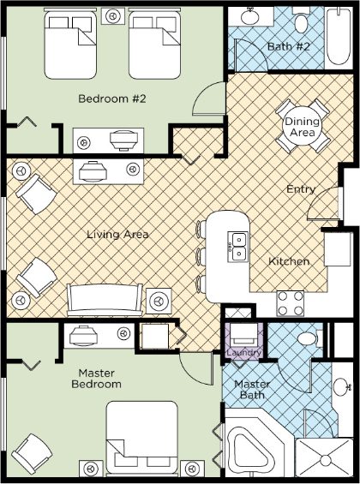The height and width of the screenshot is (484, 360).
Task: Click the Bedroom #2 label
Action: pyautogui.click(x=111, y=99)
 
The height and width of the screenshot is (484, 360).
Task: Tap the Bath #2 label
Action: pyautogui.click(x=288, y=46)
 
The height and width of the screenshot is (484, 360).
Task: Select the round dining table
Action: pyautogui.click(x=303, y=126)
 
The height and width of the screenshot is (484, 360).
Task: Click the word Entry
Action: pyautogui.click(x=301, y=189)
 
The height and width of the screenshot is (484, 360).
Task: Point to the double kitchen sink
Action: pyautogui.click(x=238, y=247)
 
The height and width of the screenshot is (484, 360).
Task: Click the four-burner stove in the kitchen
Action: pyautogui.click(x=291, y=303)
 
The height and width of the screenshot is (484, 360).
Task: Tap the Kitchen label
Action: pyautogui.click(x=289, y=261)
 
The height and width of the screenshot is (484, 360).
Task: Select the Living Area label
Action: pyautogui.click(x=117, y=234)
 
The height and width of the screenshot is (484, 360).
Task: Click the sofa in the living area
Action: pyautogui.click(x=105, y=300)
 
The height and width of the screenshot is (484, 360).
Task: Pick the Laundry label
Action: pyautogui.click(x=244, y=352)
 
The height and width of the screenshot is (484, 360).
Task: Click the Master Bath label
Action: pyautogui.click(x=252, y=390)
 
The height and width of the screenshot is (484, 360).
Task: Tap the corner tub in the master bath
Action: pyautogui.click(x=253, y=451)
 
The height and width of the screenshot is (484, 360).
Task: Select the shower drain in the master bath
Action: pyautogui.click(x=326, y=461)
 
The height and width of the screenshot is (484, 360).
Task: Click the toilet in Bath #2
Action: pyautogui.click(x=300, y=21)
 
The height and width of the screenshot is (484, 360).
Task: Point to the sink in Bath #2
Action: pyautogui.click(x=250, y=16)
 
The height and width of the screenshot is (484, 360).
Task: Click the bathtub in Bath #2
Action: pyautogui.click(x=339, y=37)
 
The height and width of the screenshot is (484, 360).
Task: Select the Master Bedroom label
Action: pyautogui.click(x=97, y=379)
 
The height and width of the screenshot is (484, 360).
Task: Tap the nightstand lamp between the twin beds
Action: pyautogui.click(x=113, y=16)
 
